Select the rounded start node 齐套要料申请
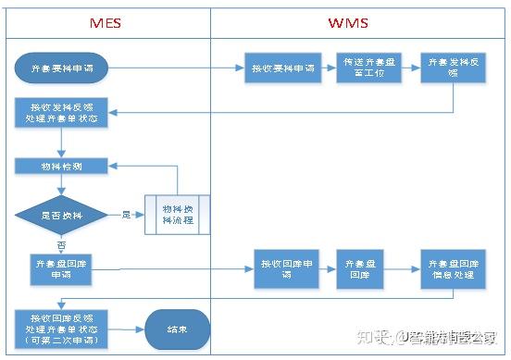tap(61, 68)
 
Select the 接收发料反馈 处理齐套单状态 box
tap(61, 113)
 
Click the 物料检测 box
tap(61, 167)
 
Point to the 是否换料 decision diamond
tap(61, 214)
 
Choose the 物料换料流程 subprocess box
tap(178, 214)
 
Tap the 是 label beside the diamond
tap(126, 214)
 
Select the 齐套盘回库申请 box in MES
tap(61, 269)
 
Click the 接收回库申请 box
tap(286, 269)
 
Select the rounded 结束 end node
tap(177, 329)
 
